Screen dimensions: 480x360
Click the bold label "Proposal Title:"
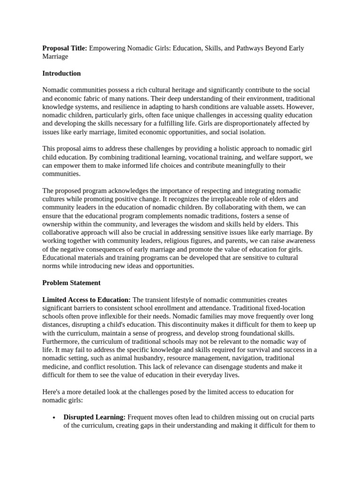[65, 48]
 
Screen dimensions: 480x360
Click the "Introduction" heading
[61, 74]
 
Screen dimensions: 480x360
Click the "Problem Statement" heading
[71, 283]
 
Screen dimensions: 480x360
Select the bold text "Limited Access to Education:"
[87, 300]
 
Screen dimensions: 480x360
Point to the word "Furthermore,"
[63, 342]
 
